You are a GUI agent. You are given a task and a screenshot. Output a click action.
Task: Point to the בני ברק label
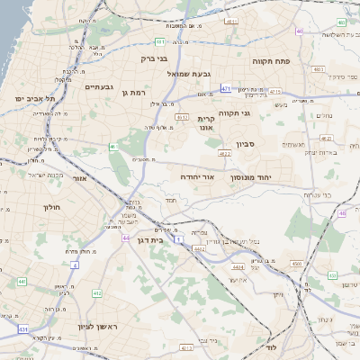pos(154,58)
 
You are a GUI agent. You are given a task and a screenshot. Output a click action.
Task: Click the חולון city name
pos(50,207)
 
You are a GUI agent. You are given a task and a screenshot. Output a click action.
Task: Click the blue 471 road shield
pos(225,88)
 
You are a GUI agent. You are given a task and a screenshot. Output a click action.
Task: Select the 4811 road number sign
pos(232,20)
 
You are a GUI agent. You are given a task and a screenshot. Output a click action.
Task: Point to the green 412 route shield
pos(97,292)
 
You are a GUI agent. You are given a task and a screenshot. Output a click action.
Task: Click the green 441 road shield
pos(21,282)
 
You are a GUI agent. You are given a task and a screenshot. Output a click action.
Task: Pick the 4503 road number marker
pos(297,264)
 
